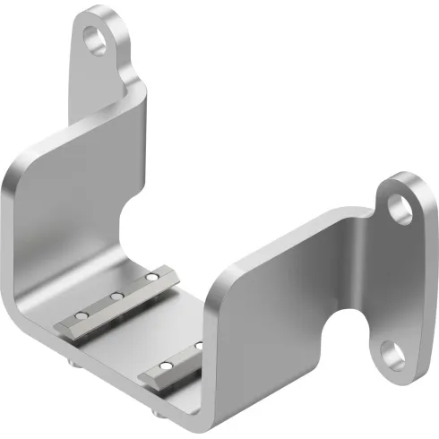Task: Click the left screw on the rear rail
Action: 81,315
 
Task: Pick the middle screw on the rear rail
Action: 116,296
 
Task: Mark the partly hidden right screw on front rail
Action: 199,345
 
